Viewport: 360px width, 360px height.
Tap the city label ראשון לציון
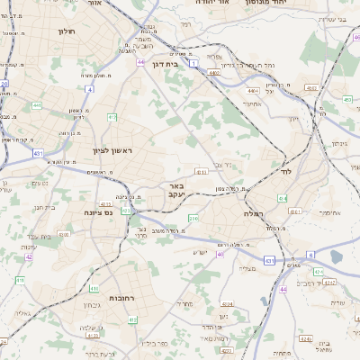[111, 151]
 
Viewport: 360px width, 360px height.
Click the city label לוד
[287, 170]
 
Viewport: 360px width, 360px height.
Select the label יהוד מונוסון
[294, 4]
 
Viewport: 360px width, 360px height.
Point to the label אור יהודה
[221, 4]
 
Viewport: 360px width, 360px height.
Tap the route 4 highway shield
[89, 89]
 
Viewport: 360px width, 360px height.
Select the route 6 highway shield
[311, 255]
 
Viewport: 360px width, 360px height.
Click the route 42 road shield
[28, 256]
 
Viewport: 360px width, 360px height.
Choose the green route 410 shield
[93, 289]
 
